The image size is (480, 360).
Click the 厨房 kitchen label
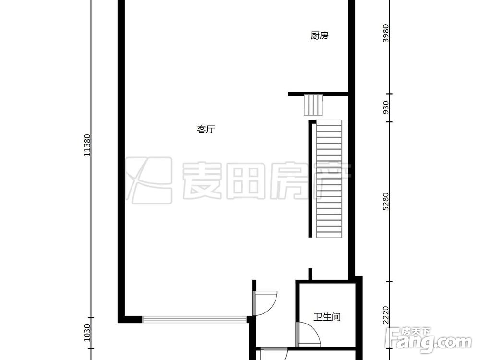point(319,36)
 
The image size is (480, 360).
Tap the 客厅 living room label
point(205,130)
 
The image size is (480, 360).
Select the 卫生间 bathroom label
point(327,317)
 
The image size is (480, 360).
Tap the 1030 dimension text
point(87,332)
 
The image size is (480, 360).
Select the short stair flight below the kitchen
point(313,105)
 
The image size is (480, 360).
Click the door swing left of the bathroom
point(265,303)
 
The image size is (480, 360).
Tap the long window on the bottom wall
point(194,319)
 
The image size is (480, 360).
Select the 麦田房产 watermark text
point(267,181)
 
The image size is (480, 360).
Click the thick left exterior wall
point(122,158)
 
